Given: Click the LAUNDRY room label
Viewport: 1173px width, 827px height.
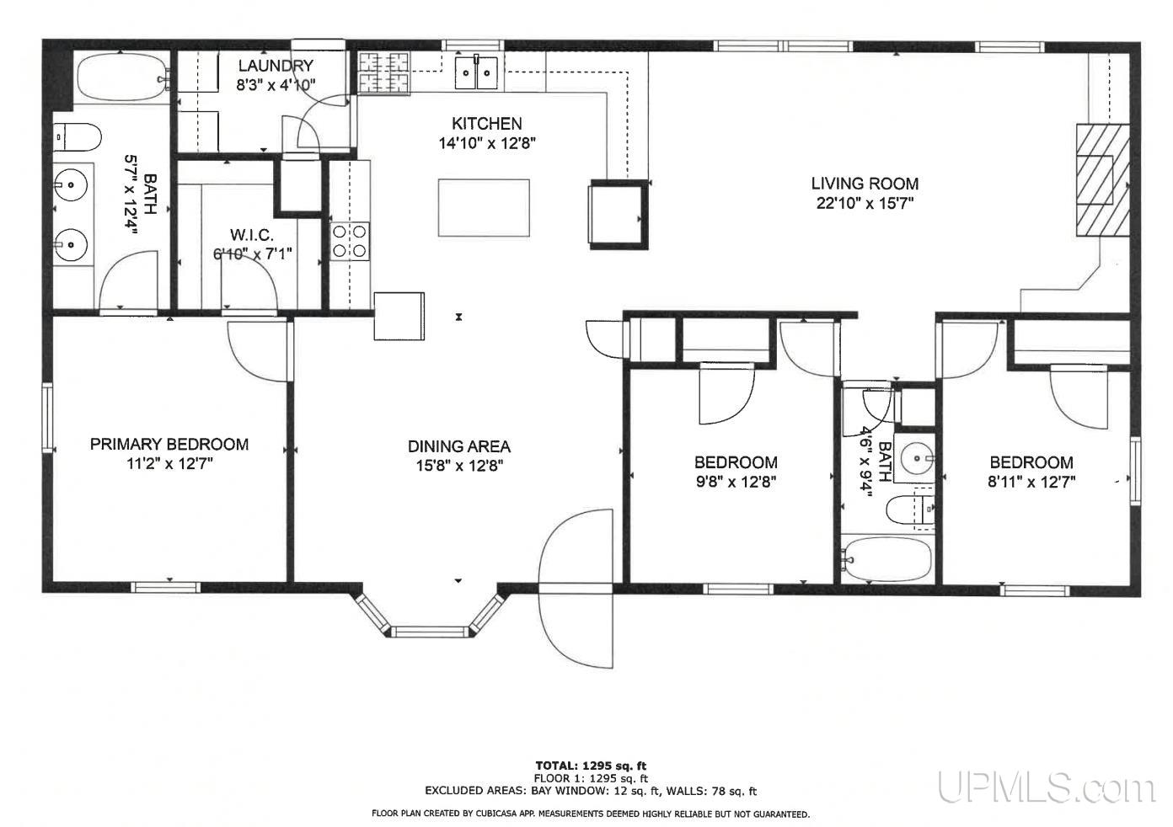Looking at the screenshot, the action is [276, 66].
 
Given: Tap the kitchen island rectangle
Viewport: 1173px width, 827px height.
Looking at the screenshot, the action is [484, 208].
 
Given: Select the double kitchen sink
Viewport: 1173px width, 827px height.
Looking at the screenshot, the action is [476, 72].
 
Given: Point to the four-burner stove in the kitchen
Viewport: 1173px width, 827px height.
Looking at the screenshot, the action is [350, 242].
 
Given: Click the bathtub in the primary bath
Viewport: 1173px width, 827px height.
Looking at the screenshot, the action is [122, 77].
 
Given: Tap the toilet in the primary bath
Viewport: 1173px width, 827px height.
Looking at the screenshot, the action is [78, 137].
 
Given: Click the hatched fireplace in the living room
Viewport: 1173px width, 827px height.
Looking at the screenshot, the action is [1102, 180].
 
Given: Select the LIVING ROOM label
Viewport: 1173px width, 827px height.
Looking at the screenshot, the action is [865, 184].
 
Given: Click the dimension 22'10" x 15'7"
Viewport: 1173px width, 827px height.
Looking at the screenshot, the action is [865, 203].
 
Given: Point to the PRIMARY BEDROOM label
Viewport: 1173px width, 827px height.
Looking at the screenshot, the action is [169, 445].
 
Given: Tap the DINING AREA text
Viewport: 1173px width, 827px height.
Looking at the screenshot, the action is [458, 446].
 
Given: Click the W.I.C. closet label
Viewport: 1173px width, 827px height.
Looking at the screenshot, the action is [252, 234].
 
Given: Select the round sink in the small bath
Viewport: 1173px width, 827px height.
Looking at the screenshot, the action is [917, 458].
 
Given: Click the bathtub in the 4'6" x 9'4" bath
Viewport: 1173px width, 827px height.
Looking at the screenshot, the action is [887, 559].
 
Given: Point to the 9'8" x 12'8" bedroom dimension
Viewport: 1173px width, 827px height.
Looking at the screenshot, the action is [736, 482].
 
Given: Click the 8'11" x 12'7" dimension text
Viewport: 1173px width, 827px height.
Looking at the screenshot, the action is [1031, 482].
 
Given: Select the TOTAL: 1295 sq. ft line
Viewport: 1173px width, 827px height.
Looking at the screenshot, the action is [591, 766].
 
